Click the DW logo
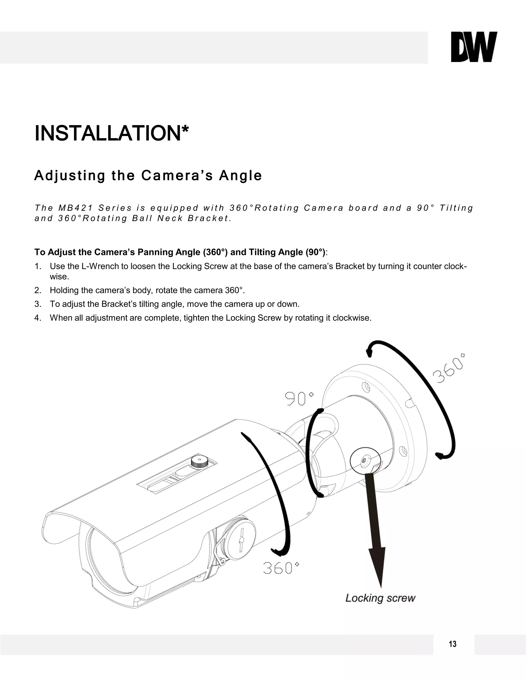pyautogui.click(x=474, y=47)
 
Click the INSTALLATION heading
pyautogui.click(x=111, y=133)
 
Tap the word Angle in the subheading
pyautogui.click(x=240, y=175)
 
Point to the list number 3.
pyautogui.click(x=37, y=304)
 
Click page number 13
pyautogui.click(x=453, y=644)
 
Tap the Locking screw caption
pyautogui.click(x=380, y=598)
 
